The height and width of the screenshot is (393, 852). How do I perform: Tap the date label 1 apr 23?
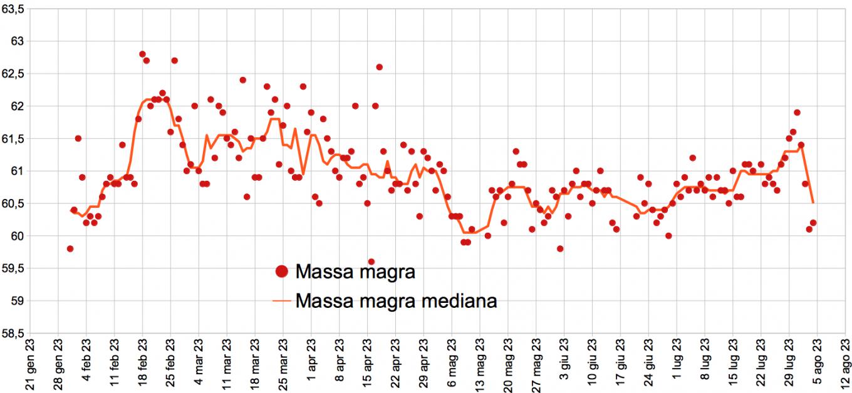[311, 367]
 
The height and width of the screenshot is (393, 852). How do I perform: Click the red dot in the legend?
[281, 272]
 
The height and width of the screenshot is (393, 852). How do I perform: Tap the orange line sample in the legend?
[281, 301]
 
